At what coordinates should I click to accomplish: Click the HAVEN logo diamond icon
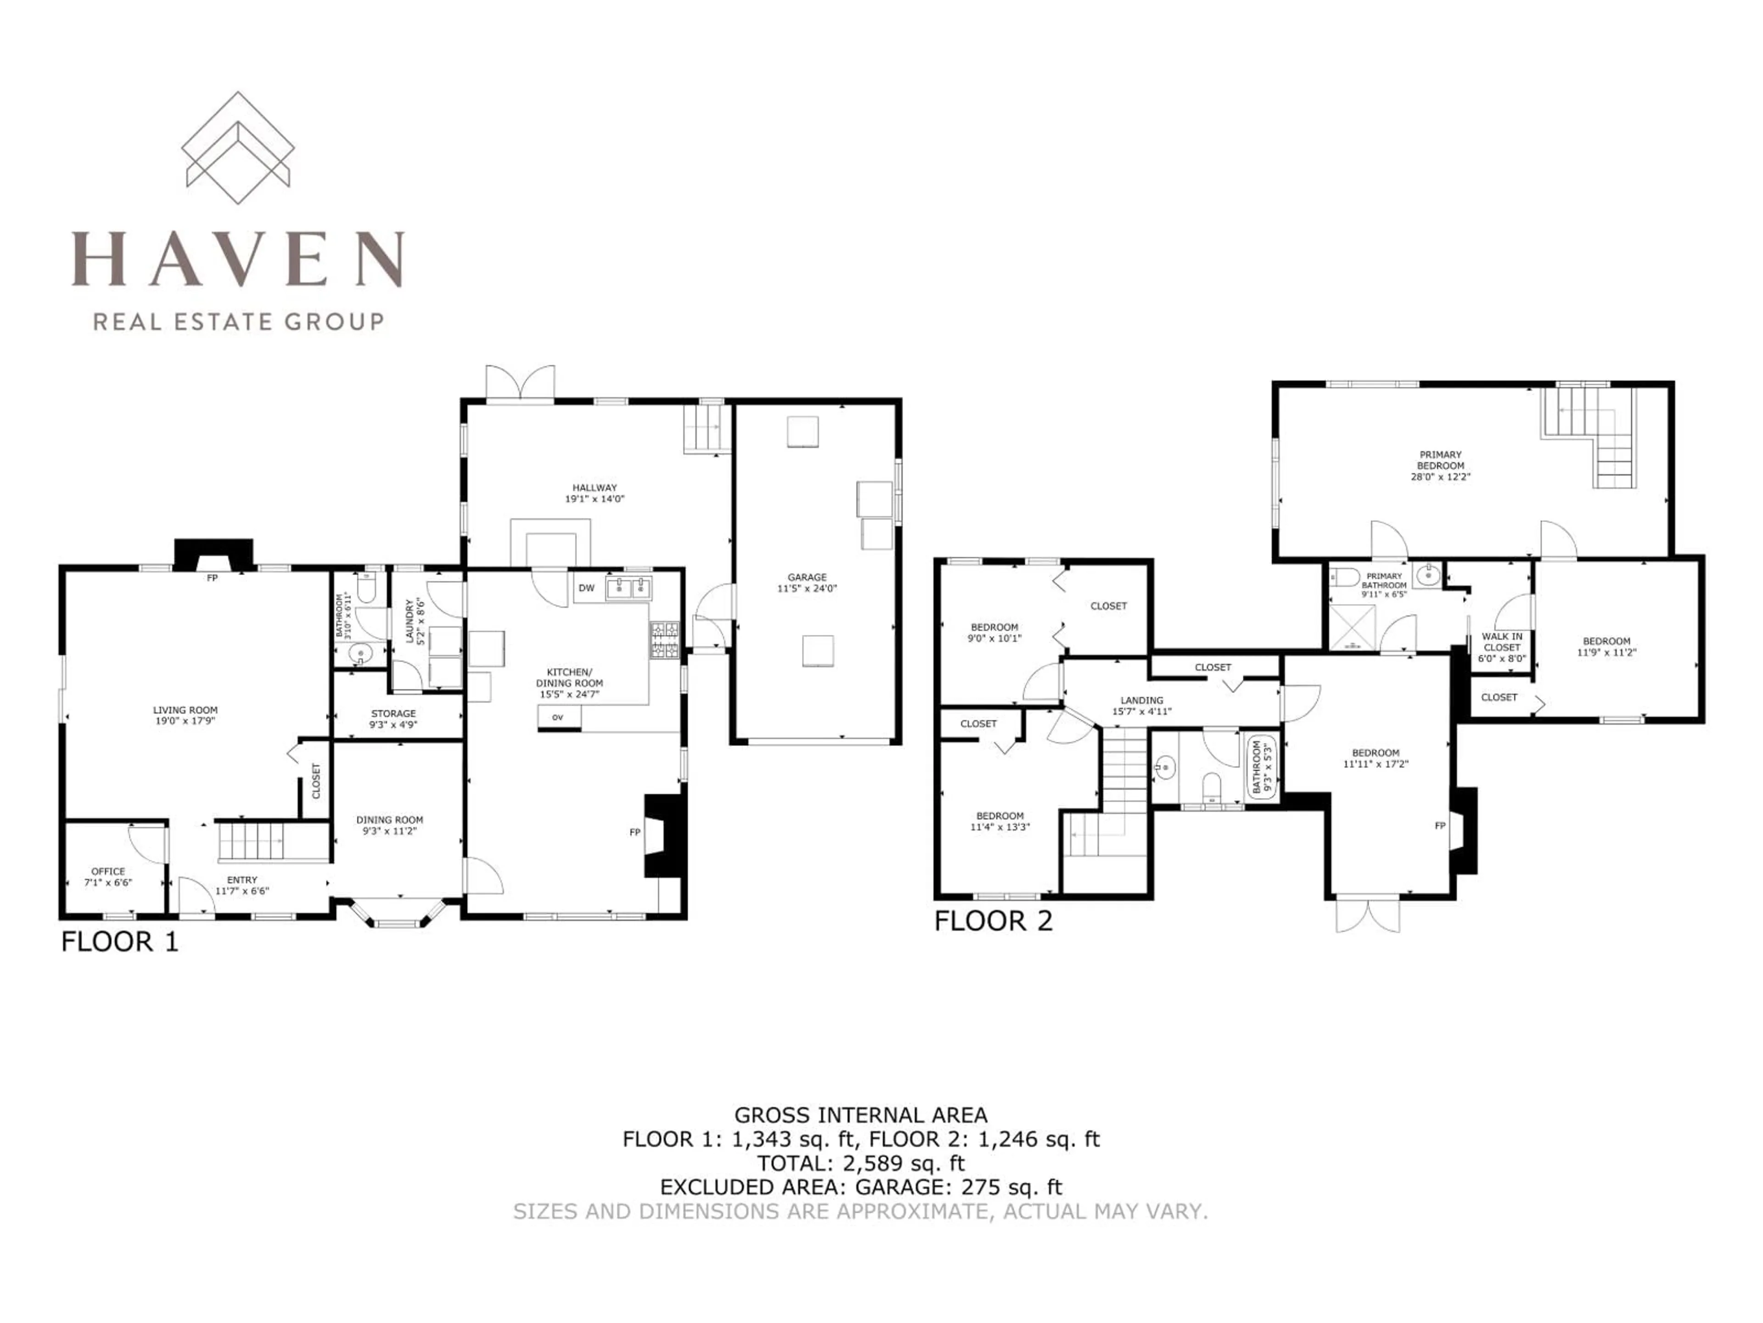(x=237, y=140)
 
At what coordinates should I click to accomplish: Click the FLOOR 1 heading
(x=119, y=942)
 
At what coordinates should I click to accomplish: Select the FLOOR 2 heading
(x=993, y=921)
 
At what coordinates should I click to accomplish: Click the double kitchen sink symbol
(x=629, y=588)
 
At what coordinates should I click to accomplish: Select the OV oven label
(x=558, y=718)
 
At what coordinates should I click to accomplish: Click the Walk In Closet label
(x=1502, y=648)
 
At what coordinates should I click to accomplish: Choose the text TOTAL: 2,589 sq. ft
(x=861, y=1163)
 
